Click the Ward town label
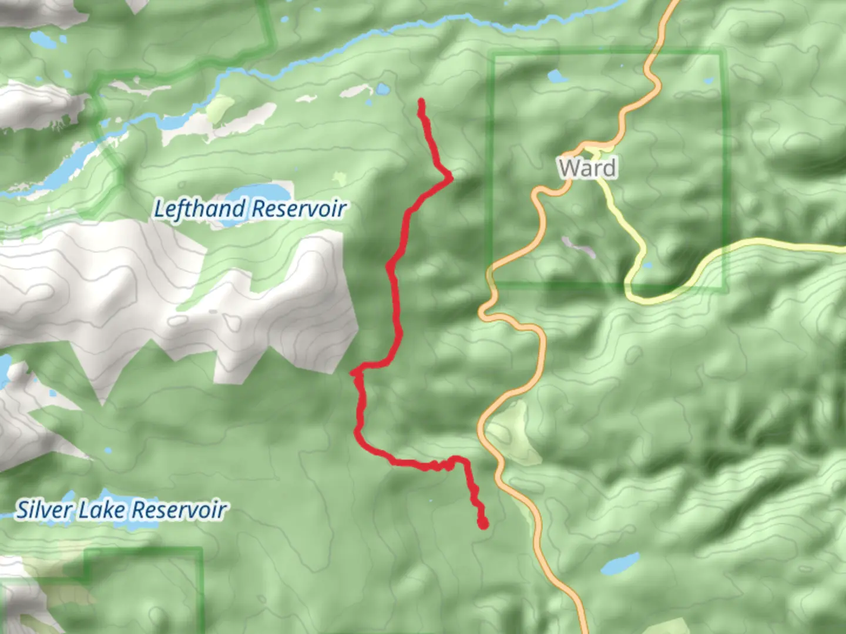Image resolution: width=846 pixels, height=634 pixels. (x=587, y=168)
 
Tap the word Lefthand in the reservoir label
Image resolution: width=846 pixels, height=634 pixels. (x=199, y=209)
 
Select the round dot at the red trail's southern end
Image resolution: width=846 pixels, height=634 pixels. (x=483, y=523)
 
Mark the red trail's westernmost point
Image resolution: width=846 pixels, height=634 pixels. (x=352, y=372)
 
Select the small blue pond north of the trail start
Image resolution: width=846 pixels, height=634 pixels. (x=383, y=89)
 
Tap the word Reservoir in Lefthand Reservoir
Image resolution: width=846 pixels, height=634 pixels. (x=300, y=209)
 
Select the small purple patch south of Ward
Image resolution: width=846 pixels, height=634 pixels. (x=579, y=247)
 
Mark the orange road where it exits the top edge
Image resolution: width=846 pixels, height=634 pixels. (x=673, y=3)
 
